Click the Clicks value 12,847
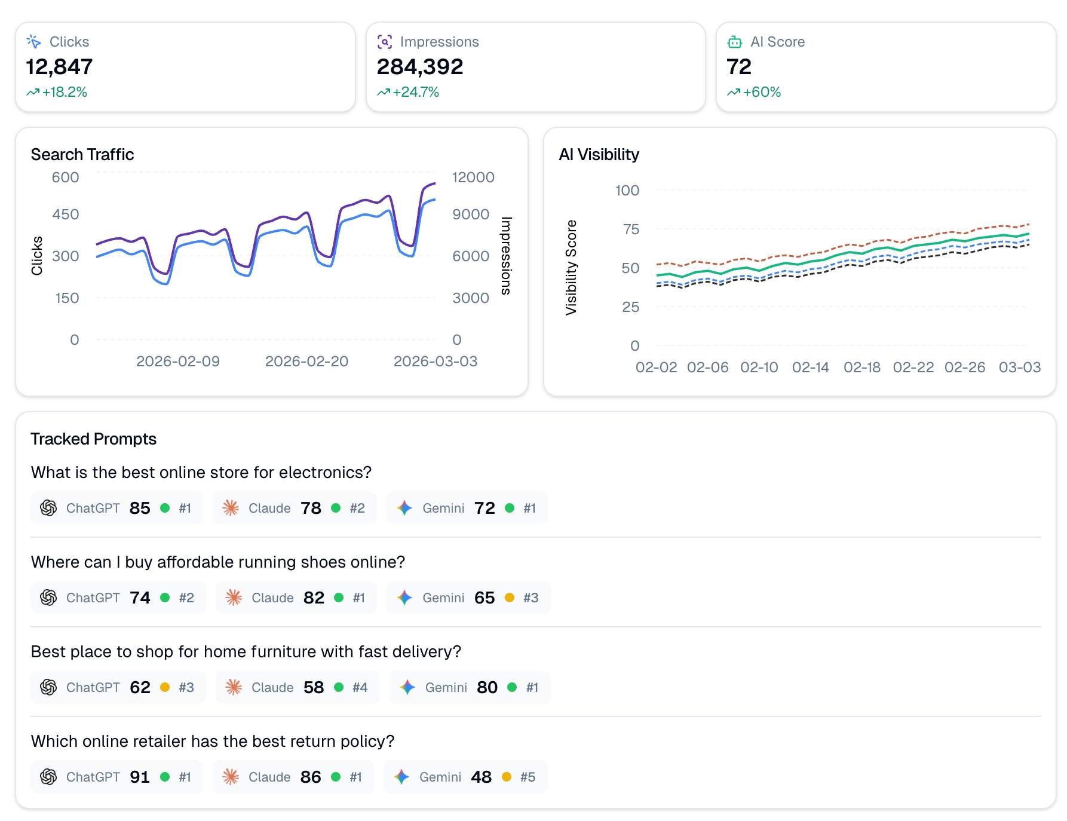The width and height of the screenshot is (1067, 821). point(59,67)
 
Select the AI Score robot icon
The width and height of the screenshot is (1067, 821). point(734,42)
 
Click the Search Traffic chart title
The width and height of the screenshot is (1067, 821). point(82,154)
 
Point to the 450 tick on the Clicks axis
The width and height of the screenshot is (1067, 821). point(66,214)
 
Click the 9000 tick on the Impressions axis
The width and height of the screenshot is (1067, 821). point(470,214)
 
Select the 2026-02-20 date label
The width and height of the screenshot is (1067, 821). point(306,361)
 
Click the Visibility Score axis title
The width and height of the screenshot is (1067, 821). point(571,267)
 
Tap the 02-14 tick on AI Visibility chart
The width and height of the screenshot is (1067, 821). point(810,367)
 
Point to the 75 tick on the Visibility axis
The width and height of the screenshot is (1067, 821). point(631,229)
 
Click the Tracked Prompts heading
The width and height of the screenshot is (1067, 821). point(94,439)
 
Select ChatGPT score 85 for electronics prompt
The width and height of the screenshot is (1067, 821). point(140,508)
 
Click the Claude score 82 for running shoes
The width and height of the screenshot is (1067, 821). point(314,598)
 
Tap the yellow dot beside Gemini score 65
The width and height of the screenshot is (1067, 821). point(510,598)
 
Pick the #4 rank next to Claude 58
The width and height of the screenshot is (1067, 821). point(360,687)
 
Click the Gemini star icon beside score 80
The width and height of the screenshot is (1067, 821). point(407,687)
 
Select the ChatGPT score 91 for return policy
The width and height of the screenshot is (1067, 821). point(140,777)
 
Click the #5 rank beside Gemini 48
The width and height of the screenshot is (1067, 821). point(528,777)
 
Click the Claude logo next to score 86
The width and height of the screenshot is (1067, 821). point(231,777)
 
